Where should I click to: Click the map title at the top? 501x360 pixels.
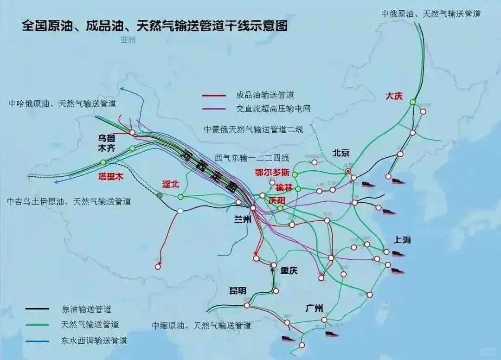pyautogui.click(x=155, y=26)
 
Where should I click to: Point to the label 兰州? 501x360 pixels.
pyautogui.click(x=243, y=220)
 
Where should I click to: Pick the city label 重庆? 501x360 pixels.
pyautogui.click(x=289, y=270)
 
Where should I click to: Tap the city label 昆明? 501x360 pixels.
pyautogui.click(x=238, y=291)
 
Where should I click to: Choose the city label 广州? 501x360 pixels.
pyautogui.click(x=316, y=308)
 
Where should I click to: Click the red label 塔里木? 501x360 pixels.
pyautogui.click(x=109, y=176)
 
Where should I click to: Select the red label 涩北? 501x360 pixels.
pyautogui.click(x=170, y=184)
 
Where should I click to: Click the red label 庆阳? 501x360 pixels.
pyautogui.click(x=277, y=200)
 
